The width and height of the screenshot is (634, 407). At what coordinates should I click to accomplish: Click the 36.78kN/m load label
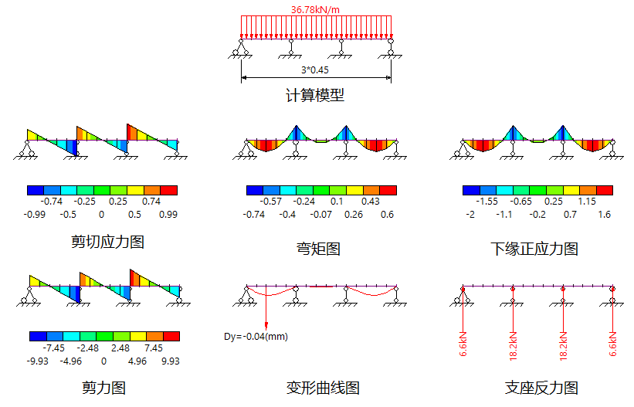[x=317, y=9]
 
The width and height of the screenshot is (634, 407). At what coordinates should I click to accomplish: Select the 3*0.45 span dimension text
[x=314, y=70]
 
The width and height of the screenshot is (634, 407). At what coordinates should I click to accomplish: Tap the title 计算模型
[x=314, y=96]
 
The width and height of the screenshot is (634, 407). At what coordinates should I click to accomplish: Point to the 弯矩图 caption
[x=318, y=249]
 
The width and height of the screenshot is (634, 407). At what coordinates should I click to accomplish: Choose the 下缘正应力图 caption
[x=534, y=249]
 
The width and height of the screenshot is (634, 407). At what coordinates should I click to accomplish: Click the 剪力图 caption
[x=103, y=388]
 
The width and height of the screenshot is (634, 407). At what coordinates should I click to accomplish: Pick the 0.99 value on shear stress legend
[x=168, y=214]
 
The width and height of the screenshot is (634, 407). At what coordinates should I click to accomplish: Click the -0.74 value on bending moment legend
[x=253, y=214]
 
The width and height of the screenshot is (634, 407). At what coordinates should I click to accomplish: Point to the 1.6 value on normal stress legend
[x=604, y=214]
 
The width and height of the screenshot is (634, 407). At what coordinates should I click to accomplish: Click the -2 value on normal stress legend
[x=470, y=214]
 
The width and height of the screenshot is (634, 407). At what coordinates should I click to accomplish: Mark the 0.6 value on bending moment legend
[x=388, y=214]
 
